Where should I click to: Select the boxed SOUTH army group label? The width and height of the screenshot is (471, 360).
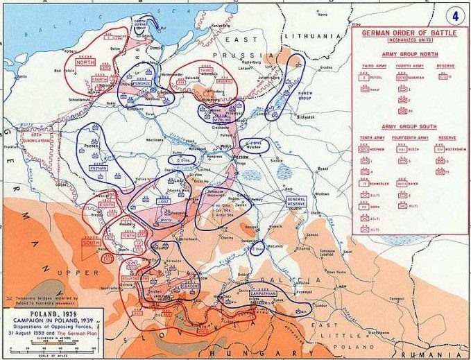click(x=90, y=243)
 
